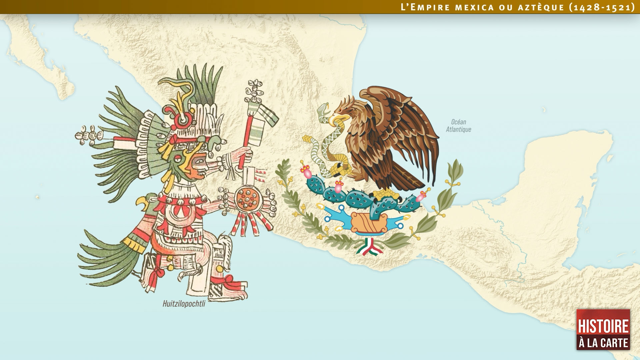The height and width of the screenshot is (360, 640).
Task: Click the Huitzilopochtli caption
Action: (x=184, y=304)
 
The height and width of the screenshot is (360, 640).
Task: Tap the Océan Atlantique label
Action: (x=458, y=126)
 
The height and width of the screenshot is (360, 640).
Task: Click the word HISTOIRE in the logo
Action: (x=603, y=326)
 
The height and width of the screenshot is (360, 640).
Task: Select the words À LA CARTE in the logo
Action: (x=603, y=343)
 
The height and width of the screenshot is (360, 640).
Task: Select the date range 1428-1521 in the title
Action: (x=602, y=7)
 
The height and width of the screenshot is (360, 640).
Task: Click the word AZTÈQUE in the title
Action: (x=541, y=7)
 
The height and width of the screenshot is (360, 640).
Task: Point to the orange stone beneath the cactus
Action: (x=369, y=222)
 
